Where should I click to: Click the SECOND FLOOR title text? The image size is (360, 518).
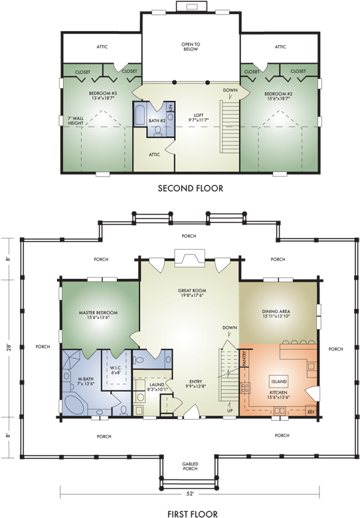coord(191,189)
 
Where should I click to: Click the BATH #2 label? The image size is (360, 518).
coord(156,120)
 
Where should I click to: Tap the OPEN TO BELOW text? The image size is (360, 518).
coord(191,46)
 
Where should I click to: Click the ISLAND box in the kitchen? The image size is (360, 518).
coord(278,381)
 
